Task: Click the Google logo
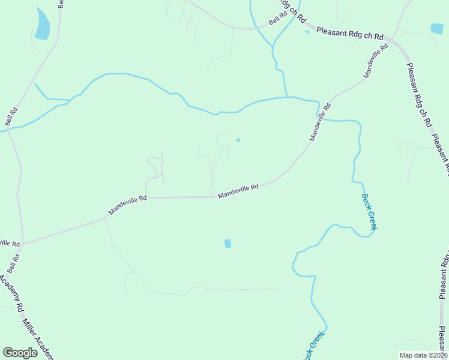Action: coord(20,353)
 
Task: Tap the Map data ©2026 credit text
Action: coord(423,355)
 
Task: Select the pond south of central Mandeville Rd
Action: coord(228,243)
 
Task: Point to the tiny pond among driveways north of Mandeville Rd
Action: coord(238,140)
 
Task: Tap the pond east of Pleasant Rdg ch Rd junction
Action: coord(437,28)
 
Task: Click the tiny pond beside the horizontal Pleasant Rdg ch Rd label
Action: coord(307,32)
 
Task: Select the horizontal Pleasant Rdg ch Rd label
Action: coord(349,33)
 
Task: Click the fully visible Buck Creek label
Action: coord(369,211)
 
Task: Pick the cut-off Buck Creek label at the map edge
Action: coord(314,345)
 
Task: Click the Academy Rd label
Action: coord(11,293)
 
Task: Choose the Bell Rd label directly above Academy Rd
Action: coord(14,263)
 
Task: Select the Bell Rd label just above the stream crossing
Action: coord(11,116)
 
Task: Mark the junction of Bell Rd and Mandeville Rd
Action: coord(23,243)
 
